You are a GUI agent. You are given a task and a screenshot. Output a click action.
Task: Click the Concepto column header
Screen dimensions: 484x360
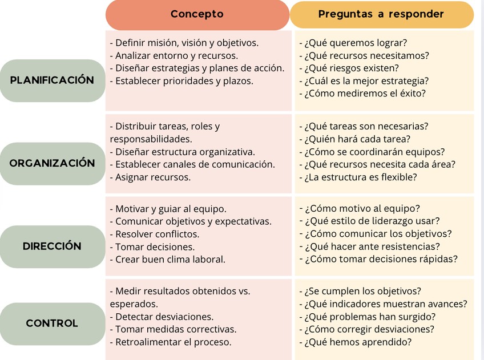(197, 14)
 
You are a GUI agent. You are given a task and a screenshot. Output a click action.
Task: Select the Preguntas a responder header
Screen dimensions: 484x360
(381, 14)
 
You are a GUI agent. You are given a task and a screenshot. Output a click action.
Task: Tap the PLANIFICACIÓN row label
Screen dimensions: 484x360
(52, 80)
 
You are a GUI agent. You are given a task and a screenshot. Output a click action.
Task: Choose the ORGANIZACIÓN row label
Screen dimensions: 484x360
(52, 163)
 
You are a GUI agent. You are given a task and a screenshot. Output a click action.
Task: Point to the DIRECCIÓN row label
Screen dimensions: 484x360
(52, 246)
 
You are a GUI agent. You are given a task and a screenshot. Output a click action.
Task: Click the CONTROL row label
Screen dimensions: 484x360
(52, 323)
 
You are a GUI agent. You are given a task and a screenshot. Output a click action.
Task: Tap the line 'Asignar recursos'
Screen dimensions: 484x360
(151, 177)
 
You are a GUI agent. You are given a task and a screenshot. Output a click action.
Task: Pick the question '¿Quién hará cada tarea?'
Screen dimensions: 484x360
(357, 139)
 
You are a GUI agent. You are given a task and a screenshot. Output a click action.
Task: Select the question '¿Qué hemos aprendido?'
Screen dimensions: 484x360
(358, 342)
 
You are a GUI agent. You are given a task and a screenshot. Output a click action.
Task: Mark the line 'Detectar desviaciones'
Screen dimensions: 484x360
(162, 317)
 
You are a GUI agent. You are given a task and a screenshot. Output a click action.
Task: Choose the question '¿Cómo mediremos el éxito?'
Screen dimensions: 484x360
(365, 94)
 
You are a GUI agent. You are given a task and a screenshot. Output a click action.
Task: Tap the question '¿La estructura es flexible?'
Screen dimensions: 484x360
(360, 177)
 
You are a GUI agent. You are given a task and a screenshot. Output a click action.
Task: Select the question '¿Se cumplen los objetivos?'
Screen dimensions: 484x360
(362, 291)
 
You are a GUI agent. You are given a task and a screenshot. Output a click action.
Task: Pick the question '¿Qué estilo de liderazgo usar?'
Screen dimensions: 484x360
(372, 221)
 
